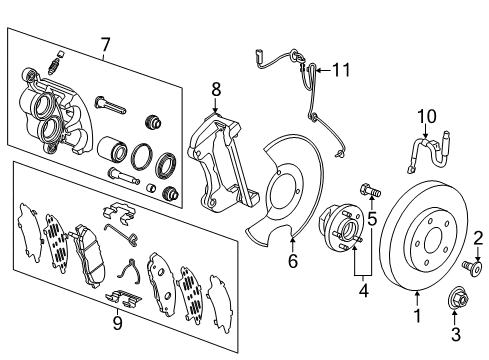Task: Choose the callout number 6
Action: tap(291, 263)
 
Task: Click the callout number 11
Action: tap(343, 69)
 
